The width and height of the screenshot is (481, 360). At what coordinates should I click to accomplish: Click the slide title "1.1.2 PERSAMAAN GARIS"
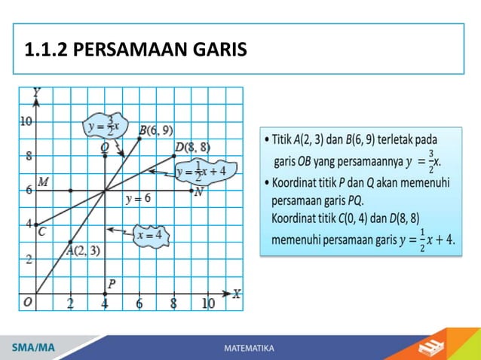click(x=136, y=50)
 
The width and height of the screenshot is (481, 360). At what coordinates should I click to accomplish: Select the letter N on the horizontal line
click(x=198, y=192)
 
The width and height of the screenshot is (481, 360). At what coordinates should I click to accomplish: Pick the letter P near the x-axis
click(x=112, y=284)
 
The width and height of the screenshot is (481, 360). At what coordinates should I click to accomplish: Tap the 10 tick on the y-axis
click(x=26, y=121)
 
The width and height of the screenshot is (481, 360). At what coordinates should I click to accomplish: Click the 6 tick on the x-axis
click(x=139, y=304)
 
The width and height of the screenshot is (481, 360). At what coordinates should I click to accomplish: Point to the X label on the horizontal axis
click(x=237, y=294)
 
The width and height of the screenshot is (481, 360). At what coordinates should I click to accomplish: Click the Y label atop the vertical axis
click(x=36, y=92)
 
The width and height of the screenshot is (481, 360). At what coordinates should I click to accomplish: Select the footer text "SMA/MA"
click(x=33, y=348)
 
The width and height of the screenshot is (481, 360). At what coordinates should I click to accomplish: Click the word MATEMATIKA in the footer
click(x=250, y=348)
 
